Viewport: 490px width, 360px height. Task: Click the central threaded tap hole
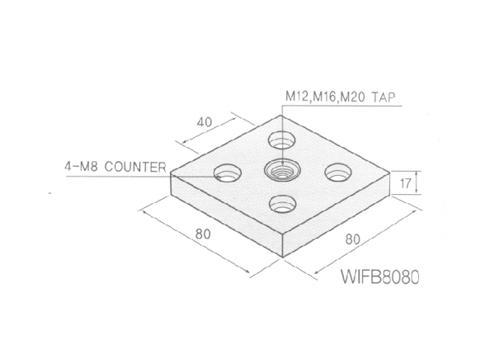pos(282,171)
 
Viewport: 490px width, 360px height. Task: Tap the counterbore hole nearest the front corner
pos(283,204)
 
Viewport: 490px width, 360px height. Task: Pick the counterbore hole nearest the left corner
pos(228,173)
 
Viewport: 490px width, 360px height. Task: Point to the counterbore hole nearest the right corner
pos(338,173)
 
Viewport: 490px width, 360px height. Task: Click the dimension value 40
pos(205,122)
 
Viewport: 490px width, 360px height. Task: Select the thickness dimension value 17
pos(405,183)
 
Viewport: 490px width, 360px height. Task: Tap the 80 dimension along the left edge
pos(203,234)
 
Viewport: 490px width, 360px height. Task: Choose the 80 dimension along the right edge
pos(353,239)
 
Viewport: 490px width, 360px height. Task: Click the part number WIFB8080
pos(379,277)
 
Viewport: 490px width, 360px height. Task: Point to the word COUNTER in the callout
pos(135,167)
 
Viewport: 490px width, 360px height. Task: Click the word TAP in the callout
pos(383,97)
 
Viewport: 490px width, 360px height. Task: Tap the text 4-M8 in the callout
pos(82,167)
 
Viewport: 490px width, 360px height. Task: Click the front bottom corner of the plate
pos(282,258)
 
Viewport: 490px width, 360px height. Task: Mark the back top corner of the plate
pos(280,115)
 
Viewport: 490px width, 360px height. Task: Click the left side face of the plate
pos(226,215)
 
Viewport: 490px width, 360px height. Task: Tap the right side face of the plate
pos(337,215)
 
